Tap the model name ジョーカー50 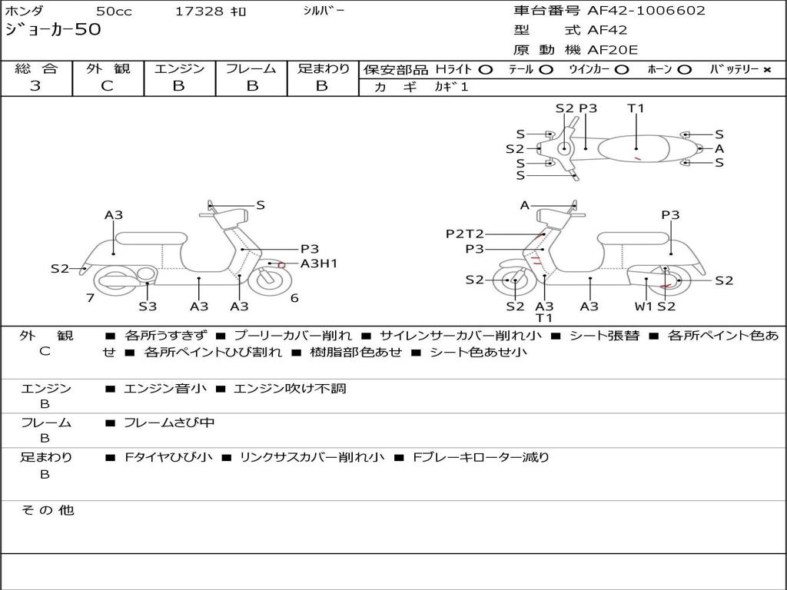[x=53, y=30]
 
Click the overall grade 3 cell [x=35, y=86]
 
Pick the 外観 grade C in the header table [x=107, y=86]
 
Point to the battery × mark [x=767, y=70]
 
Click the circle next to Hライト [x=486, y=70]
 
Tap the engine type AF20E [x=613, y=50]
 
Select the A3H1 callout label [x=319, y=264]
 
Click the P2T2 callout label [x=465, y=234]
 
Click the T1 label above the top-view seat [x=636, y=108]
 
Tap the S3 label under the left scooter [x=148, y=306]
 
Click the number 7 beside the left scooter [x=91, y=298]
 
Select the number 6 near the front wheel [x=294, y=298]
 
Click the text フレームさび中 [x=169, y=423]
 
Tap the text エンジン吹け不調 [x=290, y=388]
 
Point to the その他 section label [x=47, y=510]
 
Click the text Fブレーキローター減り [x=481, y=458]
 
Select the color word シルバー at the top [x=324, y=11]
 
